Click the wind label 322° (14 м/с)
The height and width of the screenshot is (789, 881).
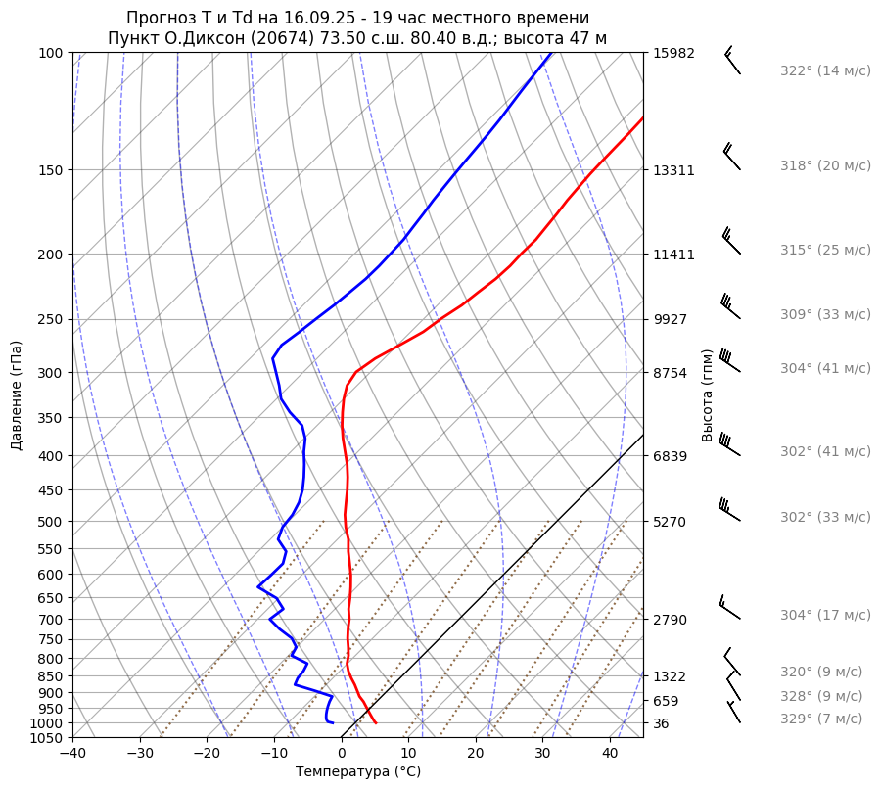[825, 71]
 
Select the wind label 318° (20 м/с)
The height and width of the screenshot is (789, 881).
[825, 166]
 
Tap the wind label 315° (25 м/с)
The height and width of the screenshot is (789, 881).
[825, 251]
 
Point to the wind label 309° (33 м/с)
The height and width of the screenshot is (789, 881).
[825, 315]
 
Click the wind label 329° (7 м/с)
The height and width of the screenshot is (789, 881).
[821, 719]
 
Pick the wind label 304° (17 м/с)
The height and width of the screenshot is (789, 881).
[825, 616]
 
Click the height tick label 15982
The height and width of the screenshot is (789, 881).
[673, 54]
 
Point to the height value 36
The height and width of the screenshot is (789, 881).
[662, 723]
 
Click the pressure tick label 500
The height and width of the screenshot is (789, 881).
[52, 522]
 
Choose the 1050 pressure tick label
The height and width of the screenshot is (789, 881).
[48, 738]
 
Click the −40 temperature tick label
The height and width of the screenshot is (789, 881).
[72, 754]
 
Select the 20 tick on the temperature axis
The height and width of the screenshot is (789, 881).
[476, 754]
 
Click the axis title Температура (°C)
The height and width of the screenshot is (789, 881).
[358, 772]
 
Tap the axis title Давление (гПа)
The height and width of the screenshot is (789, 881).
[17, 395]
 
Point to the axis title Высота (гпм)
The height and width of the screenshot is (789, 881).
[708, 394]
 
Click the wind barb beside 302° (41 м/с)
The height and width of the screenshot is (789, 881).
[729, 445]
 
